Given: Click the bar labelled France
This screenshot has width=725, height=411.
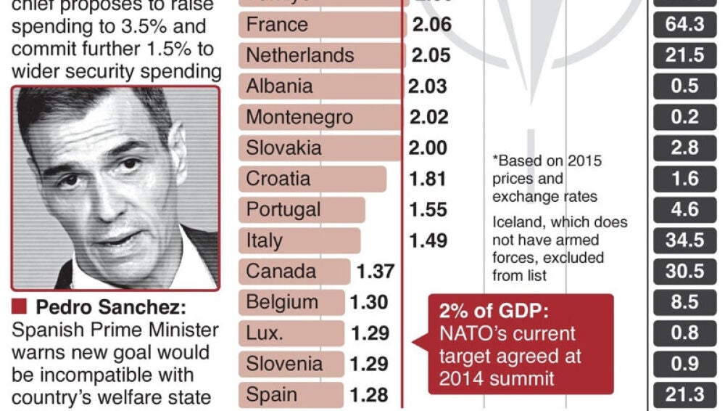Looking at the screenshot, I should [322, 25].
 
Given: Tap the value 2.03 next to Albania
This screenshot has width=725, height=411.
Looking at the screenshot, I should [427, 86].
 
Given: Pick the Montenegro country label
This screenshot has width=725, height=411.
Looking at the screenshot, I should [299, 118].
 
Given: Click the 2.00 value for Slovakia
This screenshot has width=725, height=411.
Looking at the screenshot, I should [428, 148].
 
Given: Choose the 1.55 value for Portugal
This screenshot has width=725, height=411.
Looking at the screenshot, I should [428, 210].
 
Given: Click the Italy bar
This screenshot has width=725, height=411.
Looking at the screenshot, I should [299, 241].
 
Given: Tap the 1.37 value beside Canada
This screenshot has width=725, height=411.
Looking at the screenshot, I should [376, 272].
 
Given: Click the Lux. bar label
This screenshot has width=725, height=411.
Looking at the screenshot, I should [264, 333].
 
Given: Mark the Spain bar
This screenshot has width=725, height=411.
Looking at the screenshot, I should [290, 395].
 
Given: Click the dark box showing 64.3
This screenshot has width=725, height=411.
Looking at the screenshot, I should [684, 25].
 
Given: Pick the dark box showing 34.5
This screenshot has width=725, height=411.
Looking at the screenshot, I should [684, 241].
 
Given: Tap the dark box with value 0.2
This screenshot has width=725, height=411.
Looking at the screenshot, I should [684, 118].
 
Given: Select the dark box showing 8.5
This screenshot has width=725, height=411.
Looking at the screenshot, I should [684, 303].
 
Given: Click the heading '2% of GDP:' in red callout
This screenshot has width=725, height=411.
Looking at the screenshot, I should [494, 312].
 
